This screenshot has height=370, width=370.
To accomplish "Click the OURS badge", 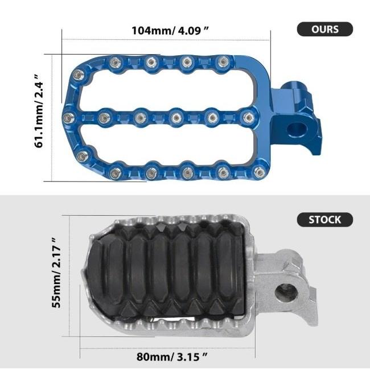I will pyautogui.click(x=325, y=29).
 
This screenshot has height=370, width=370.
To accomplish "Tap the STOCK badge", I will pyautogui.click(x=325, y=219).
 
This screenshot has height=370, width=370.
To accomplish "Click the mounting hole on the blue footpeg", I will pyautogui.click(x=295, y=129).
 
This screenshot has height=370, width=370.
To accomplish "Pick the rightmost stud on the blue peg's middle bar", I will pyautogui.click(x=248, y=118).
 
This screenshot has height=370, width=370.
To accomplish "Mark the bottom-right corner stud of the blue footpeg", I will pyautogui.click(x=260, y=172).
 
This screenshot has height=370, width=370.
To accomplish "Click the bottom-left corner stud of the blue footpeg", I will pyautogui.click(x=83, y=155).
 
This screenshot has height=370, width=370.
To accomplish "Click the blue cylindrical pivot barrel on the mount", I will pyautogui.click(x=294, y=91).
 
